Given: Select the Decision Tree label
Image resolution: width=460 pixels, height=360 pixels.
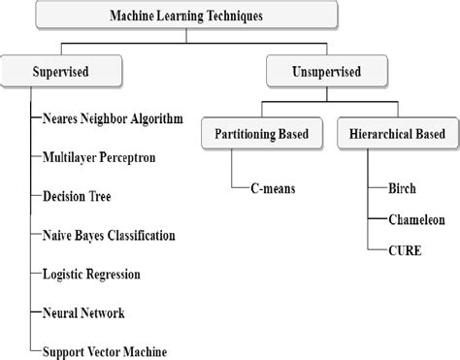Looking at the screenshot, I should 77,195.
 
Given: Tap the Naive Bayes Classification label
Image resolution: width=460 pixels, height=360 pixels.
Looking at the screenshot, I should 109,235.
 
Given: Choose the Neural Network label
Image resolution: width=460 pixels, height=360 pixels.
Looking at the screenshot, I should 83,312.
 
